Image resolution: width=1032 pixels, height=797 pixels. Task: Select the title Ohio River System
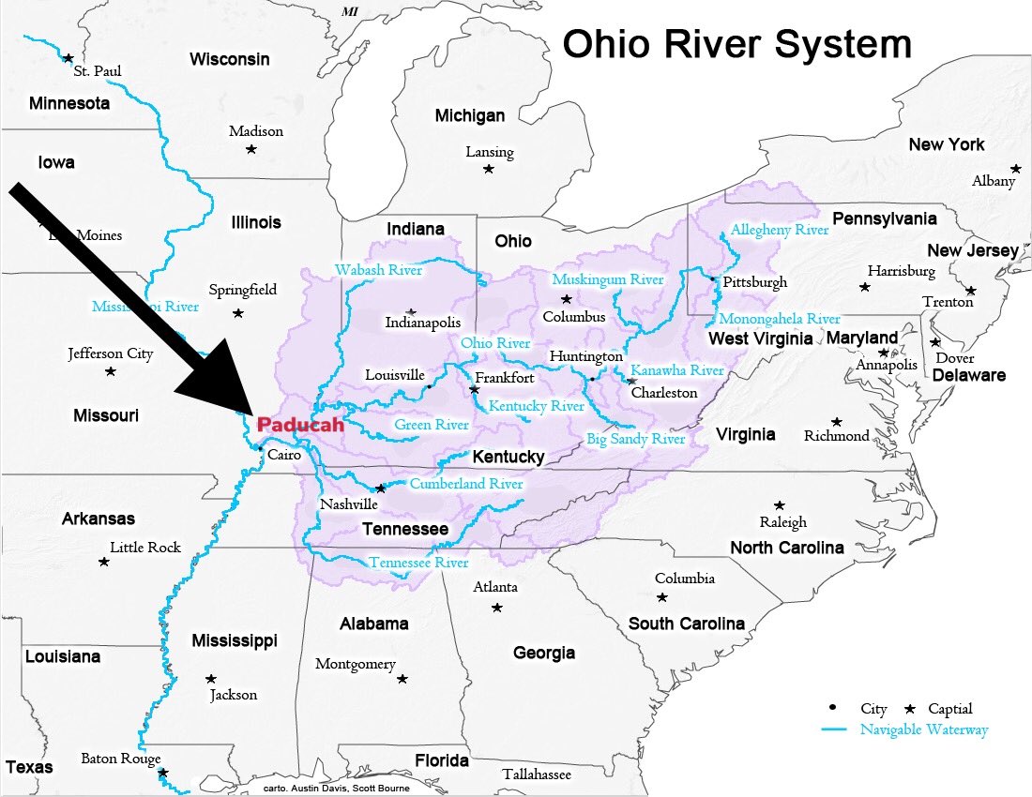coord(736,44)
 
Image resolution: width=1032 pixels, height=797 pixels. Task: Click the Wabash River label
coord(378,271)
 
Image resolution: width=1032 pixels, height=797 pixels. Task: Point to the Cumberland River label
coord(466,484)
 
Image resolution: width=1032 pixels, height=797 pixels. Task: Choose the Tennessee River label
coord(418,563)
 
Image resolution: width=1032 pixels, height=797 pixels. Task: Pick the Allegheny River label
coord(780,230)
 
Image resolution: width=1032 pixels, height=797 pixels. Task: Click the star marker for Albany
coord(1015,169)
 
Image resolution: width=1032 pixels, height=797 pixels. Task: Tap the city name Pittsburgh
coord(755,282)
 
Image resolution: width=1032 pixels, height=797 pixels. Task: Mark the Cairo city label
coord(284,455)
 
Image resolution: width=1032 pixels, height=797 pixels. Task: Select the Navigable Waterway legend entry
coord(924,729)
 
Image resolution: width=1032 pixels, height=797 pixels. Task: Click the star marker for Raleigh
coord(779,505)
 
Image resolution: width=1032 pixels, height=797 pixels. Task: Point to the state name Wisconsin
coord(230,60)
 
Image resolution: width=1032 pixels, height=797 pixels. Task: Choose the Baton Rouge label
coord(121,759)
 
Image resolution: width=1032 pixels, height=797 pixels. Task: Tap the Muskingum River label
coord(608,279)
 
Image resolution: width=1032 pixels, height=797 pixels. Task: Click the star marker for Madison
coord(250,149)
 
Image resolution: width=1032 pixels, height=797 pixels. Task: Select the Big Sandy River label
coord(636,439)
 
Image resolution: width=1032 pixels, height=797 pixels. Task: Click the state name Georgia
coord(544,653)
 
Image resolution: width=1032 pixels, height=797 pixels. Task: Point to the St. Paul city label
coord(98,71)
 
